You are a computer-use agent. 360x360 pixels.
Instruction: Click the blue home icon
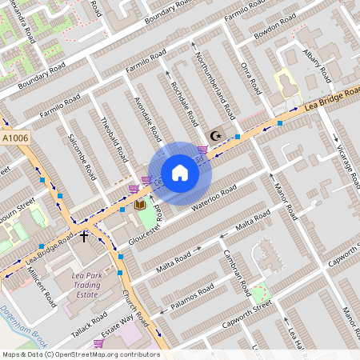coord(180,173)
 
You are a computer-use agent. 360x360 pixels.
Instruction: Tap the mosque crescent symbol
coord(214,137)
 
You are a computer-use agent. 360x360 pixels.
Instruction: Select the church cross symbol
coord(84,237)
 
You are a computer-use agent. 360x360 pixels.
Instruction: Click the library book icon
coord(140,206)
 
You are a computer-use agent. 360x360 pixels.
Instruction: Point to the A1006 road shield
coord(14,138)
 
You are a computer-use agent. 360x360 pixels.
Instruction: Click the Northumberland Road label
coord(214,83)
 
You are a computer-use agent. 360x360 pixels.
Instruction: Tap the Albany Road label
coord(317,66)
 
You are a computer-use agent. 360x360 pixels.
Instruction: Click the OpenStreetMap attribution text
coord(80,354)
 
